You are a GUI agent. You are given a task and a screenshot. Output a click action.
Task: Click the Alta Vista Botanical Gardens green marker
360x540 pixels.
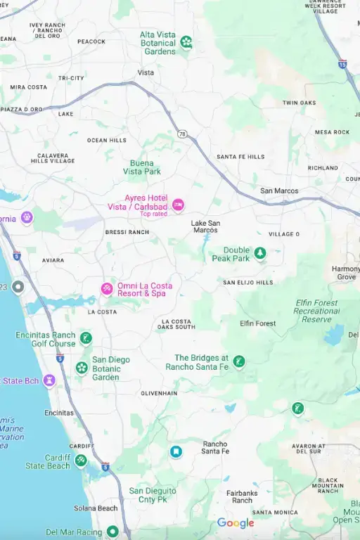[x=186, y=42]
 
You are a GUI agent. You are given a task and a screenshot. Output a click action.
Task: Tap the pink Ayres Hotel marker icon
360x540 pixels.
[x=178, y=204]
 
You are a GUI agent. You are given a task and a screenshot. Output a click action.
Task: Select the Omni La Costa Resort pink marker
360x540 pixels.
[x=107, y=289]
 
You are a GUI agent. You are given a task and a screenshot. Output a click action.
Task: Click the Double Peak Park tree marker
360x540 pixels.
[x=260, y=253]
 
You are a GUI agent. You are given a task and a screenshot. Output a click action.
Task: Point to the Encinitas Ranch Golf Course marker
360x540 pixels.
[x=86, y=339]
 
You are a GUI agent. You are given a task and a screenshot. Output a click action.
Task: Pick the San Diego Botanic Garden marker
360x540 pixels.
[x=82, y=368]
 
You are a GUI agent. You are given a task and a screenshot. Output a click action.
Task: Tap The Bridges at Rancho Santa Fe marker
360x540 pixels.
[x=239, y=361]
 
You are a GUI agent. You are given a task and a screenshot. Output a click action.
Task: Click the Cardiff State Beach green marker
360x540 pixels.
[x=81, y=461]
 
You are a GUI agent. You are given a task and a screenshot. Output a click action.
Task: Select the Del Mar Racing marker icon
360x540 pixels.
[x=112, y=532]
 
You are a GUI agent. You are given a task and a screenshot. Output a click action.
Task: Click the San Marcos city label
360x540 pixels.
[x=279, y=191]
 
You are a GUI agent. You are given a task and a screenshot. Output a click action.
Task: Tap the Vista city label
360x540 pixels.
[x=146, y=72]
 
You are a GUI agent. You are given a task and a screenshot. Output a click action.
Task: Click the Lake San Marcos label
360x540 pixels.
[x=205, y=226]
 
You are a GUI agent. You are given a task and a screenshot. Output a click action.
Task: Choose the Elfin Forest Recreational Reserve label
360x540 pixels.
[x=316, y=311]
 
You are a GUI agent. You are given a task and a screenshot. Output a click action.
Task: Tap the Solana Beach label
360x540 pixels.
[x=96, y=508]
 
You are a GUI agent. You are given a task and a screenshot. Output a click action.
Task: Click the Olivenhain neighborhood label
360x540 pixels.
[x=159, y=393]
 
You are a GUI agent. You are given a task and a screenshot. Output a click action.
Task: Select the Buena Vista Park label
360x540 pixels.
[x=142, y=167]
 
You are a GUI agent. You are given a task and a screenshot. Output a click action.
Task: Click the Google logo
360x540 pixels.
[x=236, y=523]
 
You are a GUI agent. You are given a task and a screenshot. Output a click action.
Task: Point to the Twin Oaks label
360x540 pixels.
[x=300, y=103]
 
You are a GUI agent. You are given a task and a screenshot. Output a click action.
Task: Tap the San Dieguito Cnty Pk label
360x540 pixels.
[x=153, y=494]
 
